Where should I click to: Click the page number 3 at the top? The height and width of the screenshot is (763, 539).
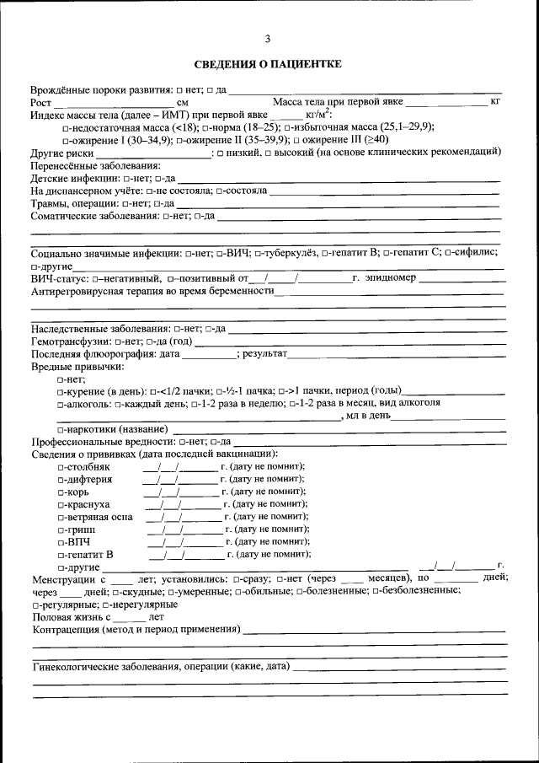click(268, 39)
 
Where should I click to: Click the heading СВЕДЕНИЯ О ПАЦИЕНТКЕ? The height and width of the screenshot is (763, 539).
click(268, 64)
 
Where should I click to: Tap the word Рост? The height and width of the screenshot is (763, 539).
click(41, 102)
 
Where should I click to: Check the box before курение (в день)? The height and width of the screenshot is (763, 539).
click(61, 391)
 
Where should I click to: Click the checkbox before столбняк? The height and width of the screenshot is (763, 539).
click(61, 467)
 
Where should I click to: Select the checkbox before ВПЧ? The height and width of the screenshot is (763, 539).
click(61, 542)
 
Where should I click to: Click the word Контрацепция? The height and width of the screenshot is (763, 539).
click(66, 630)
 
